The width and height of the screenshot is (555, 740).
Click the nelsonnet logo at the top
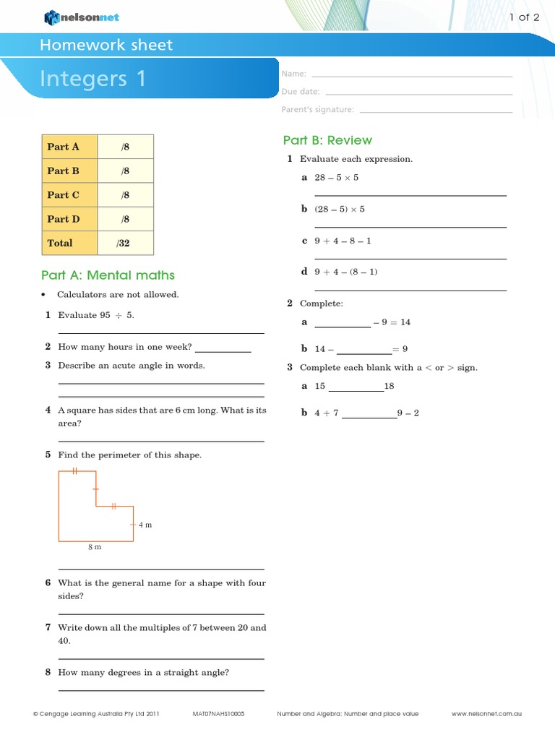(83, 17)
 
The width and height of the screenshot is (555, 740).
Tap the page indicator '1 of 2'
(525, 17)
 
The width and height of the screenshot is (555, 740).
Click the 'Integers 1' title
(93, 78)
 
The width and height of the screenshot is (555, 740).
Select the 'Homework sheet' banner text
(106, 45)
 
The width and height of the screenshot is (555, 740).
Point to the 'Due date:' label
(301, 92)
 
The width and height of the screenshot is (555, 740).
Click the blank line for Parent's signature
(435, 111)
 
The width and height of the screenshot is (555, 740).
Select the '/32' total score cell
(124, 244)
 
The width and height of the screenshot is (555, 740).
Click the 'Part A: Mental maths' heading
(108, 275)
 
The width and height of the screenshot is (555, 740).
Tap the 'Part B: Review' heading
(327, 140)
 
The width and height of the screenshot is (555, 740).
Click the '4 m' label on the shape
(145, 525)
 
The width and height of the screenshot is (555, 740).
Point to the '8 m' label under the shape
(95, 547)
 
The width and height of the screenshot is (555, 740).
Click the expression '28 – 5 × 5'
(336, 178)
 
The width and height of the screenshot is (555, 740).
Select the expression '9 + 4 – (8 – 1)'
(346, 272)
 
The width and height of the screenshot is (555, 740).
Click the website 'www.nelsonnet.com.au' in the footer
(486, 714)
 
